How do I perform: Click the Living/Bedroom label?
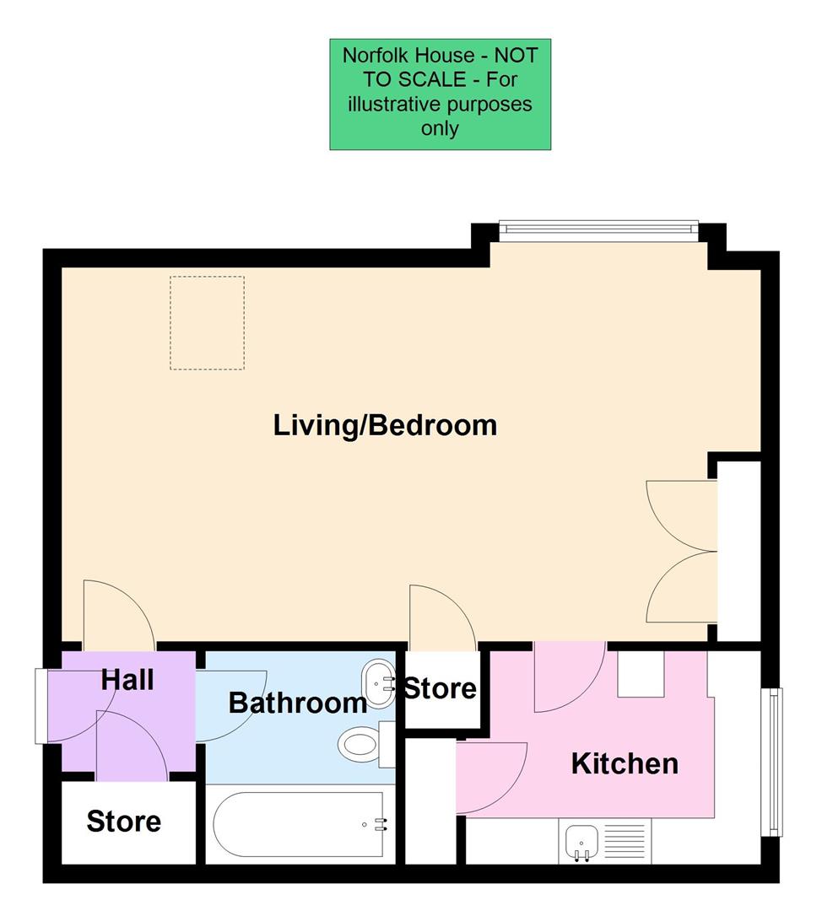point(385,424)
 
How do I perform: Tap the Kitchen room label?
point(625,763)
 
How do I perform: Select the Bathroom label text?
point(297,702)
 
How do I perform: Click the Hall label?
point(127,679)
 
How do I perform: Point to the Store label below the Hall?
point(123,821)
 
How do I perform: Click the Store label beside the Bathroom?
point(440,688)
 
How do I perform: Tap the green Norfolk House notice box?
point(440,94)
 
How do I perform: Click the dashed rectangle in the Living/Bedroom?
point(207,322)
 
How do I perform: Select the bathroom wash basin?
point(377,677)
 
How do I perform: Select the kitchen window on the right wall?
point(772,762)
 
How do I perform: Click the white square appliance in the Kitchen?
point(641,676)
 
